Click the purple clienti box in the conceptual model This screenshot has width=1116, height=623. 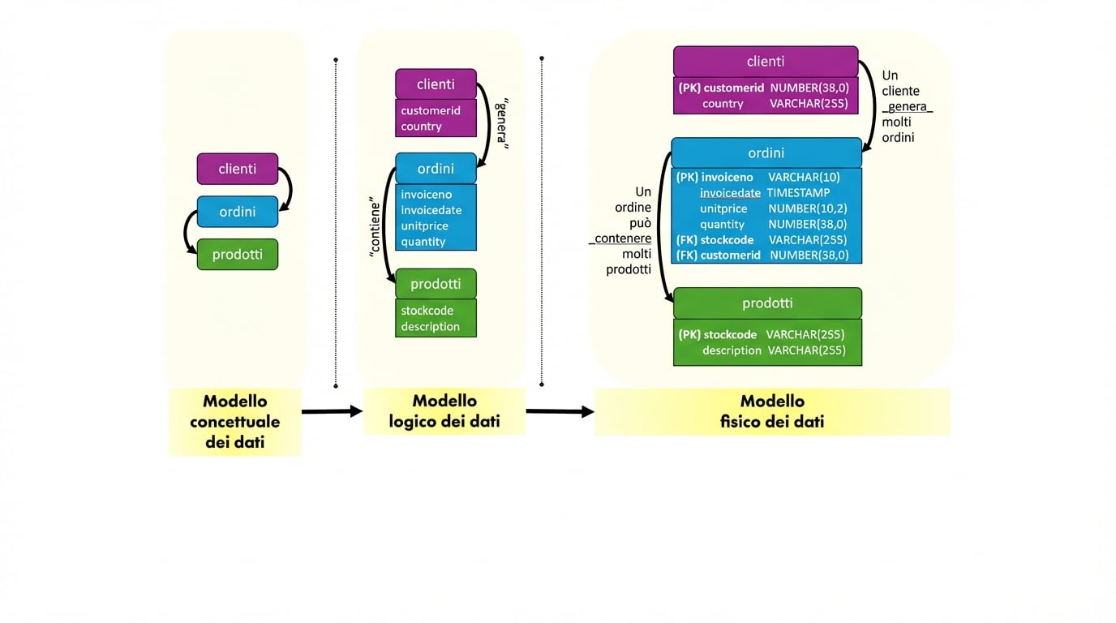click(x=237, y=169)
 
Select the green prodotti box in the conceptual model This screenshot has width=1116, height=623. click(x=237, y=255)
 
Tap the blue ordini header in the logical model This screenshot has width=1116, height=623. click(x=436, y=169)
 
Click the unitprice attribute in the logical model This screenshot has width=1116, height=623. click(x=424, y=226)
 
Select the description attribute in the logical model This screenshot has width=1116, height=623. click(x=430, y=326)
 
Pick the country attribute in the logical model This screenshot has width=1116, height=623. click(x=421, y=127)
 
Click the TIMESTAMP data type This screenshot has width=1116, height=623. click(x=798, y=193)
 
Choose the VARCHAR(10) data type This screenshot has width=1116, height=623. click(x=804, y=177)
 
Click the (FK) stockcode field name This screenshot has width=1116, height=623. click(x=715, y=240)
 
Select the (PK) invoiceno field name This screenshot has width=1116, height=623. click(x=715, y=177)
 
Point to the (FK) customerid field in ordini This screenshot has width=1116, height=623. click(x=718, y=255)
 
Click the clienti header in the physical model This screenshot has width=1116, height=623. click(x=765, y=62)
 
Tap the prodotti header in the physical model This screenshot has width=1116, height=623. click(x=767, y=303)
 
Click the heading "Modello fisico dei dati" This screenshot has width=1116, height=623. click(x=772, y=411)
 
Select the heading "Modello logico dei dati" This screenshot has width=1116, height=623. click(x=444, y=411)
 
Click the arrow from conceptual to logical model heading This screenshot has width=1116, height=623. click(x=331, y=411)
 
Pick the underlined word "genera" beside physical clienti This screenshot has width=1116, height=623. click(x=907, y=107)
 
